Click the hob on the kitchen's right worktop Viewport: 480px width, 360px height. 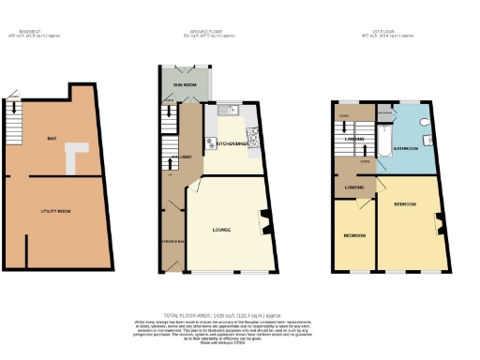click(x=253, y=141)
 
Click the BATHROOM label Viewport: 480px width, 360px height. click(x=405, y=148)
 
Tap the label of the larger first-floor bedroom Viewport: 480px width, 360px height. click(x=405, y=203)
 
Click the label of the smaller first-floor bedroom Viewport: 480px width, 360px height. click(x=353, y=234)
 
